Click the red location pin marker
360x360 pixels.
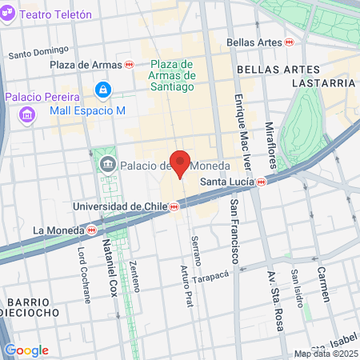point(181,163)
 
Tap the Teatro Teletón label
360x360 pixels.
point(54,14)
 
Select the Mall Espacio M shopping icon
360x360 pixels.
point(102,90)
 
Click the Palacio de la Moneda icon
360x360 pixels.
point(107,165)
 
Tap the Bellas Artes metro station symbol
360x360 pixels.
point(290,41)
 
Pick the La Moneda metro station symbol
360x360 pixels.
point(92,230)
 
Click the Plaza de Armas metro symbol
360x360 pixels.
point(130,65)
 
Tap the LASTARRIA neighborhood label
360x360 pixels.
point(322,83)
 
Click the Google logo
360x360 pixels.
point(26,350)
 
